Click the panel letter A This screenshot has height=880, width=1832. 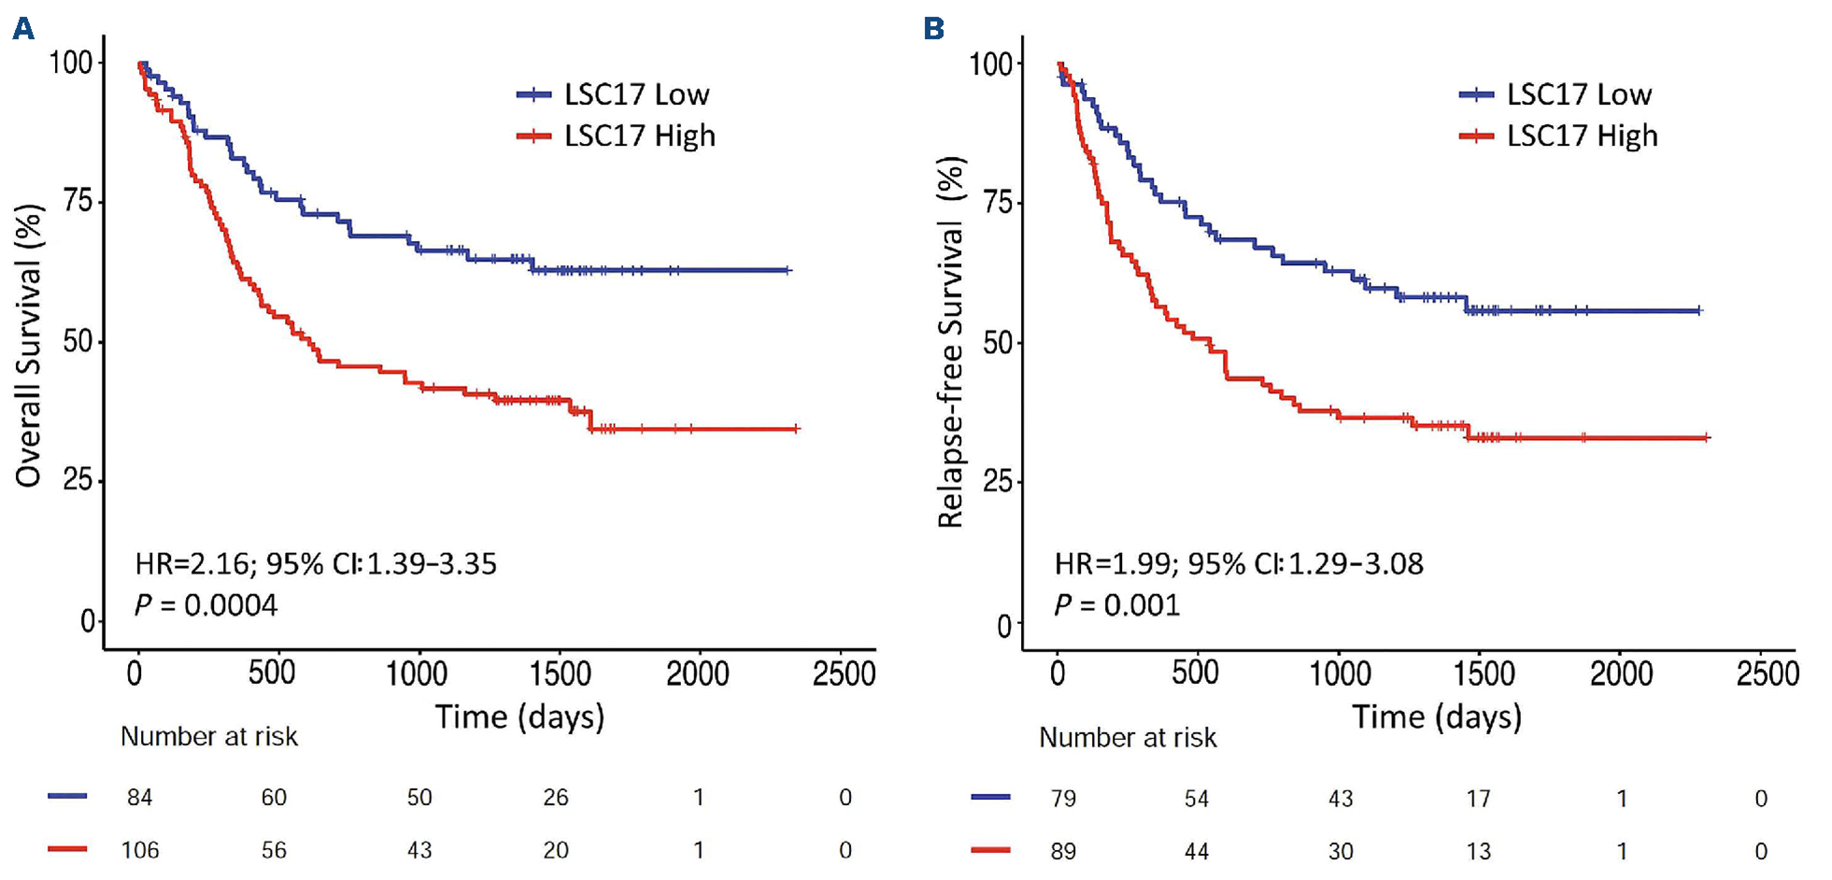coord(22,29)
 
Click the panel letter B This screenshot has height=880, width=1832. coord(933,29)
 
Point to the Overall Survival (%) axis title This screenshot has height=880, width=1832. coord(29,346)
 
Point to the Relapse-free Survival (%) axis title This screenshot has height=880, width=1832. coord(951,343)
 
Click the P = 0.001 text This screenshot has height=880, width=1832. coord(1116,605)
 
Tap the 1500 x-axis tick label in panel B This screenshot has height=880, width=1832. coord(1484,674)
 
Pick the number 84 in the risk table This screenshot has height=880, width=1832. coord(139,798)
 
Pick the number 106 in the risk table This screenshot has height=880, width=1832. coord(139,851)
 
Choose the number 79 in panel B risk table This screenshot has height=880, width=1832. coord(1063,799)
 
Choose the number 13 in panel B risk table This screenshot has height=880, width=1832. coord(1478,852)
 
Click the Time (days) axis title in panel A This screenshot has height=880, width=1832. coord(519,717)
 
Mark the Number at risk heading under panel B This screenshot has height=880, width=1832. coord(1128,738)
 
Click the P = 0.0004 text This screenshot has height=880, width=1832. coord(206,605)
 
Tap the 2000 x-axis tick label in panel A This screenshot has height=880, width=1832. coord(698,674)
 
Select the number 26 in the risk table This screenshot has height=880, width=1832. coord(556,798)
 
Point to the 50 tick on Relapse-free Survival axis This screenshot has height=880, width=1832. coord(999,343)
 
